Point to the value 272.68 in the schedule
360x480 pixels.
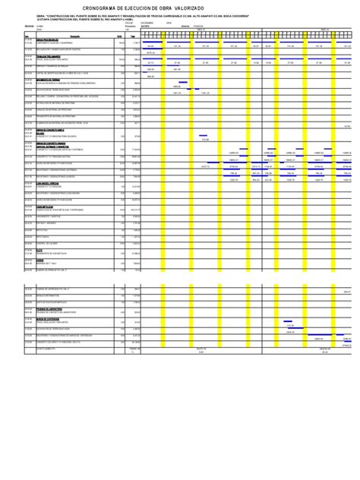[x=204, y=140]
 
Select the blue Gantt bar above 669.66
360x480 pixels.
[x=182, y=83]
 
